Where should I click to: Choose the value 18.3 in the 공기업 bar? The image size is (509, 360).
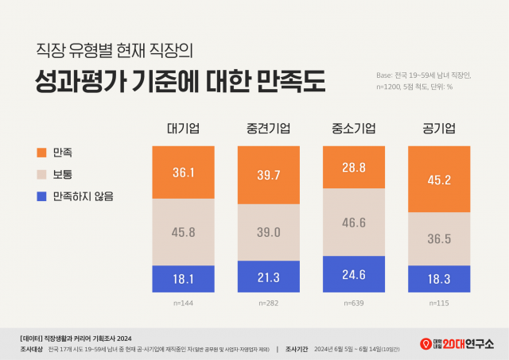[440, 278]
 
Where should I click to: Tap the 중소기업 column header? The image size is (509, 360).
[355, 130]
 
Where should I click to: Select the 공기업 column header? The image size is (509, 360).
[440, 130]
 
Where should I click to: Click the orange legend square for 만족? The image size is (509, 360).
[41, 151]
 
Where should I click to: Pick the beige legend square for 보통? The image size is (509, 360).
[41, 173]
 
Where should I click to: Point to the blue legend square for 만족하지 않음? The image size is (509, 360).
[41, 195]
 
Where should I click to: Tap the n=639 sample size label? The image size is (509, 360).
[355, 303]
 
